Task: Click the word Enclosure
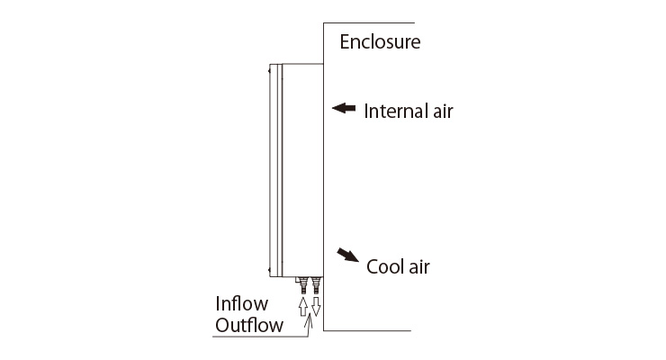(380, 41)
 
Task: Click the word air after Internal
(443, 112)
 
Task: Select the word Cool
(385, 266)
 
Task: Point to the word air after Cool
(419, 266)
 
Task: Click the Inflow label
(242, 303)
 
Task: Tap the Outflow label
(249, 325)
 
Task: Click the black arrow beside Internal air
(344, 108)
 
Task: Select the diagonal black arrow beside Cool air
(347, 255)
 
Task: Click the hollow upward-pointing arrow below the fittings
(302, 306)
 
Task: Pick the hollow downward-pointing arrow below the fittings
(316, 306)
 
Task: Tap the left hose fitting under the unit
(303, 285)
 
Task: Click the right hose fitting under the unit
(316, 285)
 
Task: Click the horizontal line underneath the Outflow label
(260, 337)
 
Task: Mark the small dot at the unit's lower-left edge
(269, 270)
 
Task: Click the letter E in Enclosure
(345, 42)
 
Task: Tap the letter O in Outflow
(222, 326)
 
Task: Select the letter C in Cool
(373, 267)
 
